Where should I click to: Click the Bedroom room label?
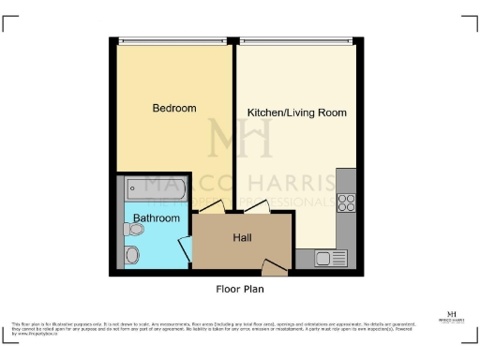pos(174,109)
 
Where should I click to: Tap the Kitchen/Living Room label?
pos(296,112)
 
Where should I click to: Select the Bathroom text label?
pos(156,218)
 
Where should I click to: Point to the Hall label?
pos(242,237)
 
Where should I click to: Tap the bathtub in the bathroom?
pos(155,188)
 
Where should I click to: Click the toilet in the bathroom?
pos(133,251)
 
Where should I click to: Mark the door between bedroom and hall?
pos(212,208)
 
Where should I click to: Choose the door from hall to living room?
pos(255,208)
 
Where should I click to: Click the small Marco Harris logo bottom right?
pos(452,316)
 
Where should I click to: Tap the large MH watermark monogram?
pos(240,139)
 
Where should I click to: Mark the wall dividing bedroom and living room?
pos(233,122)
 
